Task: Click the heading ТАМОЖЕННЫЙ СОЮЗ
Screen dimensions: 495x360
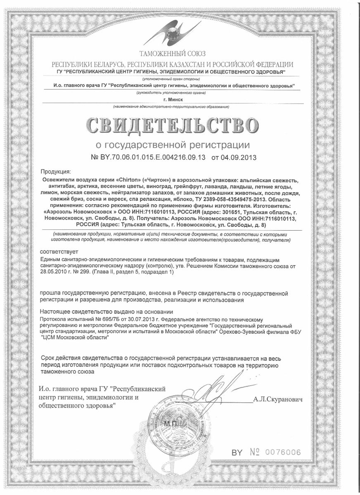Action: coord(172,54)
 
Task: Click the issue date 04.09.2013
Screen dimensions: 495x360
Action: coord(234,157)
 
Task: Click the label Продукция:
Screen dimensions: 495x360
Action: coord(56,172)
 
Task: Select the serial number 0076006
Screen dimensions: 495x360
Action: coord(283,452)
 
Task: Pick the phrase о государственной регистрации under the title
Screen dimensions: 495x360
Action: coord(173,145)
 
